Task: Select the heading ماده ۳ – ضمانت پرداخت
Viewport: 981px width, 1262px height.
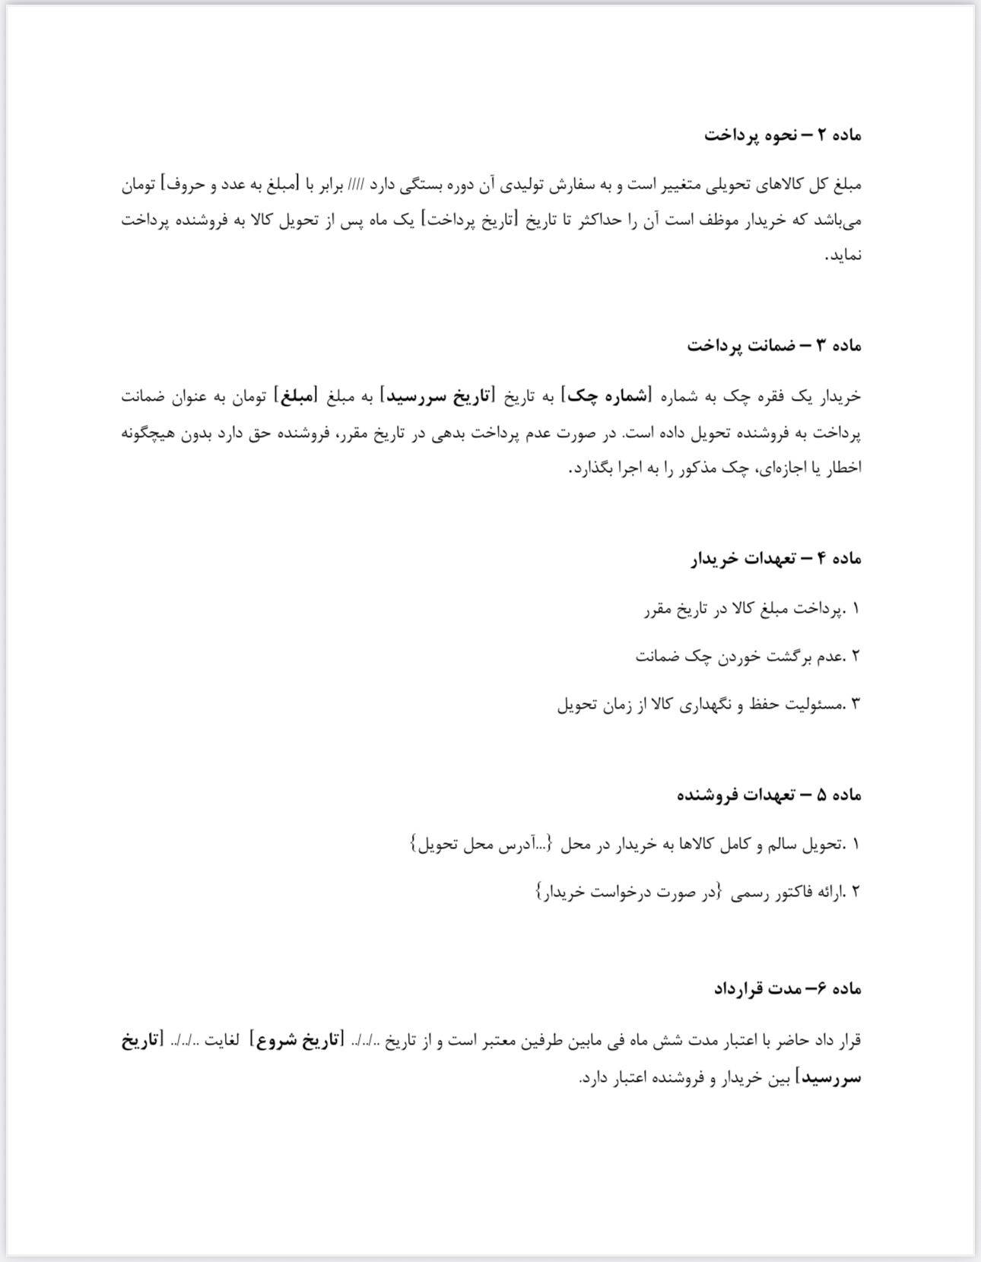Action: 773,346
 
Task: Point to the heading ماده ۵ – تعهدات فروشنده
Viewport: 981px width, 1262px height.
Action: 769,795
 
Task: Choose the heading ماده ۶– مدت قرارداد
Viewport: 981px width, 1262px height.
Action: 786,989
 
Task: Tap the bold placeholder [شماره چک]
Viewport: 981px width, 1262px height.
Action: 605,396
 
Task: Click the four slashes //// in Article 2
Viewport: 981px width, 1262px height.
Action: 355,185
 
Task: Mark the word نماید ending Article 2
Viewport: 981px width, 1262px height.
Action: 844,255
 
